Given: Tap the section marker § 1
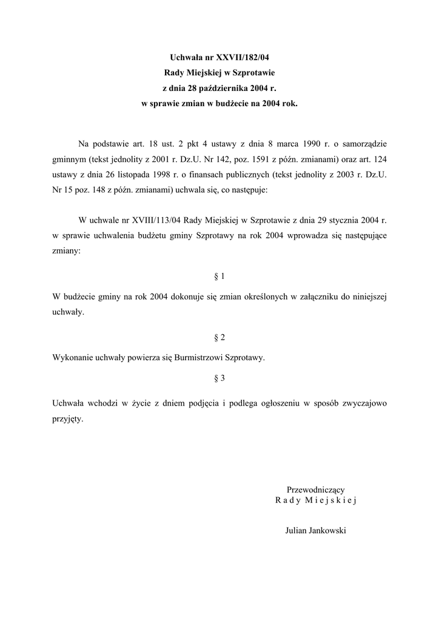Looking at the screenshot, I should click(219, 277).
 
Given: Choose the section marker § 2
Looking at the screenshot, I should click(219, 337).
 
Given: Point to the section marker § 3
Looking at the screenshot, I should click(219, 378).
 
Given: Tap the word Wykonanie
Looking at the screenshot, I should click(72, 358).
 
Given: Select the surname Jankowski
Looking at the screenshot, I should click(328, 530).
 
